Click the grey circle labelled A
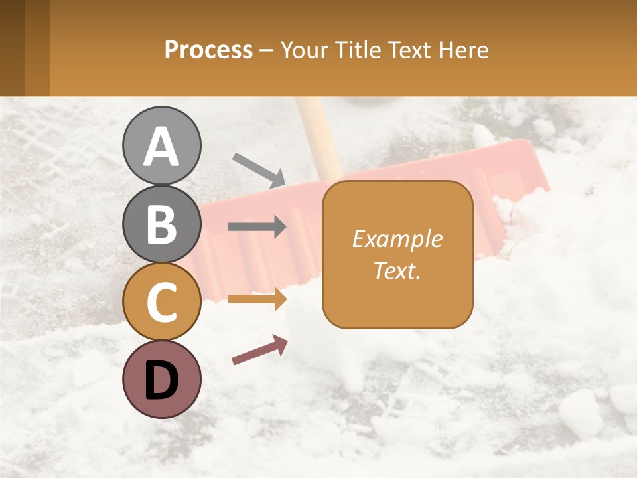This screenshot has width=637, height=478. (162, 145)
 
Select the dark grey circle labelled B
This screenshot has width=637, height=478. (162, 224)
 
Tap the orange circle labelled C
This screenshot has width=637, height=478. (162, 301)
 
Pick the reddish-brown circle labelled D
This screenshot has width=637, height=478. (162, 379)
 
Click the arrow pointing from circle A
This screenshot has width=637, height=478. (258, 170)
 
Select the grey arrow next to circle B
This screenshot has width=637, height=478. (257, 227)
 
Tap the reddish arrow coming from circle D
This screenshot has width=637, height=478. (259, 350)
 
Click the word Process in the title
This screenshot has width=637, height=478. (208, 50)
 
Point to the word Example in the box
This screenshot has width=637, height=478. (397, 239)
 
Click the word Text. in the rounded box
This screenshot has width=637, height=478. (397, 270)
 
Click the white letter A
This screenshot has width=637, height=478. (162, 147)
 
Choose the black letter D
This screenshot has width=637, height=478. (162, 380)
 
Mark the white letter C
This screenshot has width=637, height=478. (162, 302)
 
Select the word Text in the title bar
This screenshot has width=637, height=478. (409, 50)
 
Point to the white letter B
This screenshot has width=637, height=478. (162, 224)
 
